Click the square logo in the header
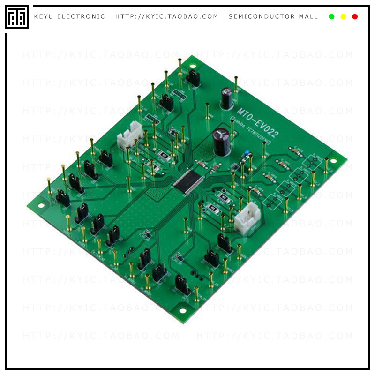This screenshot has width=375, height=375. [17, 17]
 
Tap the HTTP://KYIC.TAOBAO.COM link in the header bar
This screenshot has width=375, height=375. [167, 17]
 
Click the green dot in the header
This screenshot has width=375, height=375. [331, 17]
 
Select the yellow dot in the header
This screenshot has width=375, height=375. [343, 17]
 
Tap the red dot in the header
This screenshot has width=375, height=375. [355, 17]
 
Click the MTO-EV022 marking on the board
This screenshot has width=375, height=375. [257, 122]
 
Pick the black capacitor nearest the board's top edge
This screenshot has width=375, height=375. [227, 99]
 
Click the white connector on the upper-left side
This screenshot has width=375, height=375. [130, 136]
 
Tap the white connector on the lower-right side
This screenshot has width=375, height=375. [244, 218]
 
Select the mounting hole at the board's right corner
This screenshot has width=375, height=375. [333, 161]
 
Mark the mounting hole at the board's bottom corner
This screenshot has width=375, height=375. [182, 310]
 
